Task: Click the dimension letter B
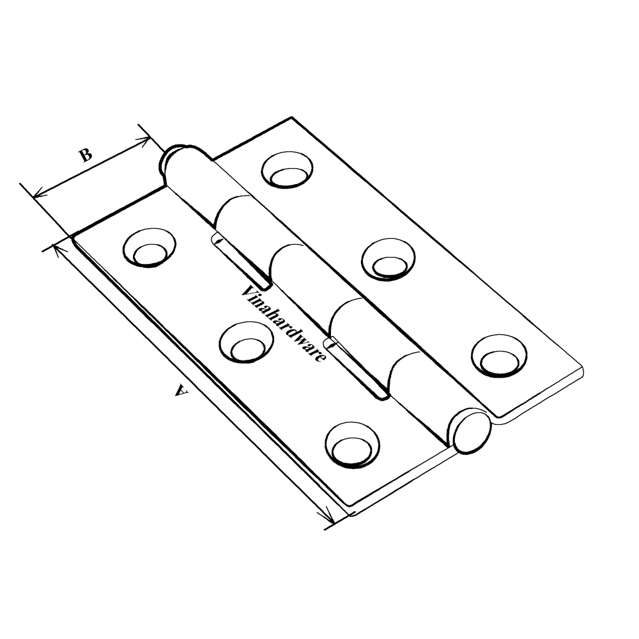pyautogui.click(x=86, y=155)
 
